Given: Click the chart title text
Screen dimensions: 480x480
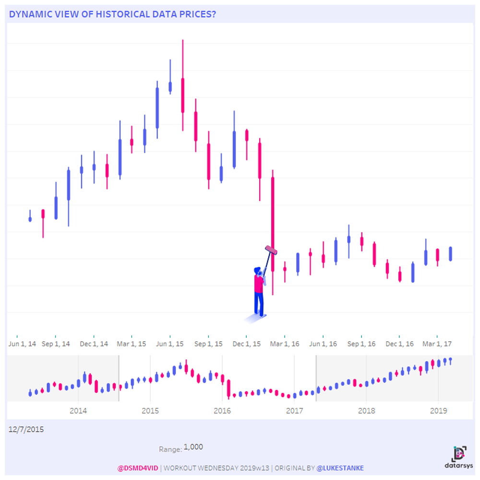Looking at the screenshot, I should [112, 14].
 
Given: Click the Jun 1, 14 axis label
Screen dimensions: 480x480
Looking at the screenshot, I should [22, 344].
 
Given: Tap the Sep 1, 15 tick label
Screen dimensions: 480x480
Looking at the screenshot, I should [208, 344].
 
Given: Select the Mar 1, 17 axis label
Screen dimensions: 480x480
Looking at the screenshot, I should [436, 344].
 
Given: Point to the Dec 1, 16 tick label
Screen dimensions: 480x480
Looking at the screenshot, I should [399, 344].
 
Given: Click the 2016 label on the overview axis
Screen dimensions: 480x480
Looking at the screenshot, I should [222, 411].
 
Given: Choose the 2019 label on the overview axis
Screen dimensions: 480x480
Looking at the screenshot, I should [438, 411].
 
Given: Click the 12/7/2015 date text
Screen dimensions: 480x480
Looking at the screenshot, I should [26, 430].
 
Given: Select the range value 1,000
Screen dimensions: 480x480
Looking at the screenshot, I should [193, 447].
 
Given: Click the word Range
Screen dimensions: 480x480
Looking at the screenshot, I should [170, 449].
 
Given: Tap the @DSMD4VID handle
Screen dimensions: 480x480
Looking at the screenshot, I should [137, 468].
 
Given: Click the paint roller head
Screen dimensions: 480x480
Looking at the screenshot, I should [271, 250].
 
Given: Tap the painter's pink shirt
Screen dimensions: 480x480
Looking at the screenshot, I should [258, 284].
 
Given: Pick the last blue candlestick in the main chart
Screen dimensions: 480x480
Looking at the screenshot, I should [451, 253].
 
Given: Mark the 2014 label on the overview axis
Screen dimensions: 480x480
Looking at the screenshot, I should [78, 411].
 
